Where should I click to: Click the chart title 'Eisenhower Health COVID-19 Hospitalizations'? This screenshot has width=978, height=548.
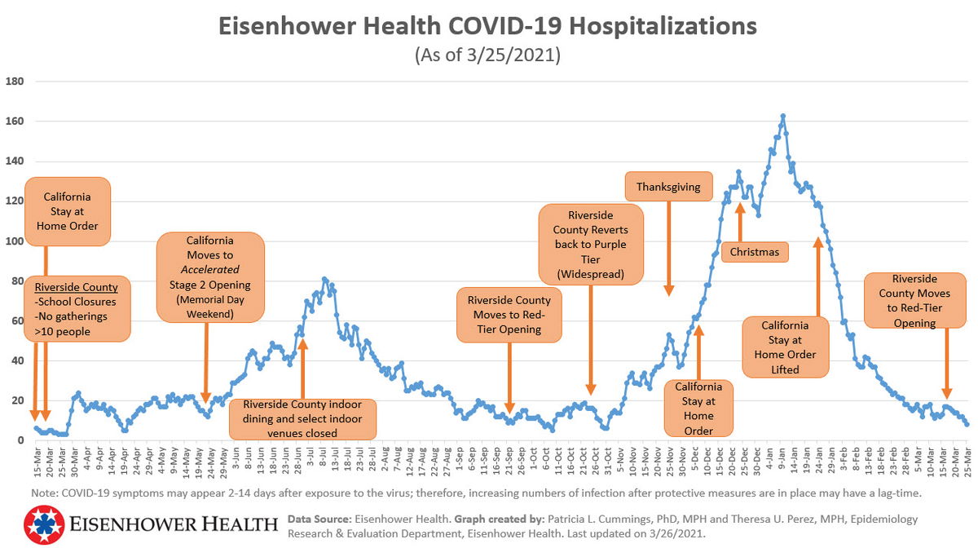487,26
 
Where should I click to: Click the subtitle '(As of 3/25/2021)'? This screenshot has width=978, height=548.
487,55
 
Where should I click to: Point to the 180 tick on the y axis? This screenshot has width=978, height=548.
15,82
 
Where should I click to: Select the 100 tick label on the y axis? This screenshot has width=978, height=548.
15,241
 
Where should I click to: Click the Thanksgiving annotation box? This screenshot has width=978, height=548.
668,187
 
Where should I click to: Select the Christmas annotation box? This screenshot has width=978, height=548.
755,252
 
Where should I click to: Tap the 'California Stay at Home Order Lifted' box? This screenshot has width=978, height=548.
786,347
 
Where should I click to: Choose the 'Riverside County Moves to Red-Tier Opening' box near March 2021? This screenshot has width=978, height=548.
914,300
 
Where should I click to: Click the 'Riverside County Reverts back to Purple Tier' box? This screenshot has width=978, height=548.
590,245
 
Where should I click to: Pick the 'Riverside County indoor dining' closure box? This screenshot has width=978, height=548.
303,418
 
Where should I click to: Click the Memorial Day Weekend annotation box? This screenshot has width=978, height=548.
211,276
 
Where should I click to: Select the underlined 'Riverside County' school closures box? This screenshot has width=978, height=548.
77,308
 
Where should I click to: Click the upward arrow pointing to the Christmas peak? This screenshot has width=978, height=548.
740,220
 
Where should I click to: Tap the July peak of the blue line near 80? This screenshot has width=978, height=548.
324,280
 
